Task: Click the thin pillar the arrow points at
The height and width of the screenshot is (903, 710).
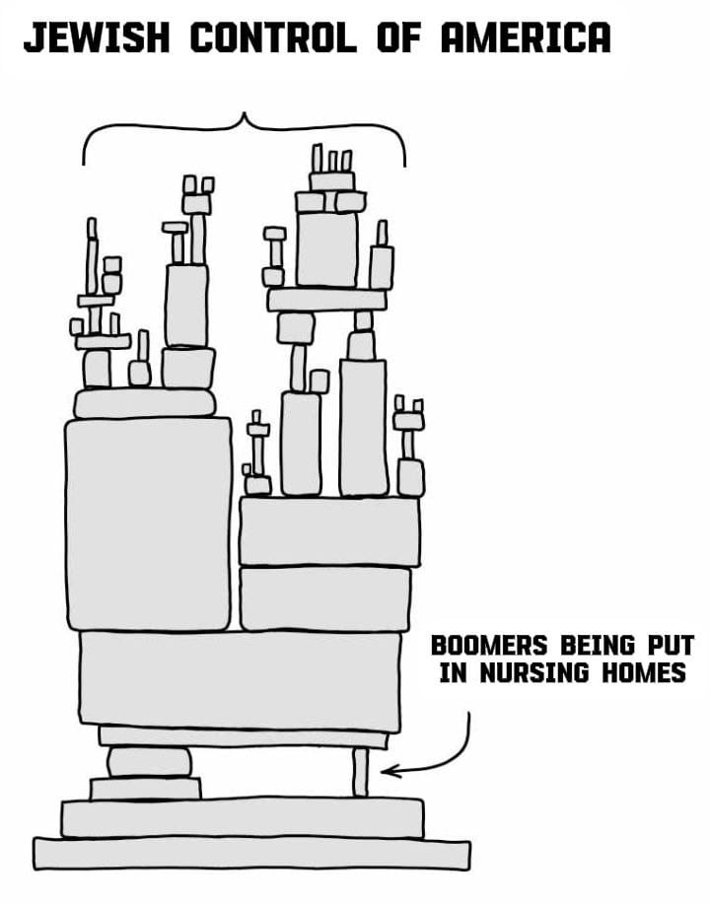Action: [360, 772]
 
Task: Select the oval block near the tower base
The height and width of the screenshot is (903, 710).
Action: [150, 762]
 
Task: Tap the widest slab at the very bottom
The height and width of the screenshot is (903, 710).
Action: [251, 853]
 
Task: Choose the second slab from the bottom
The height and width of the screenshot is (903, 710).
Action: [243, 817]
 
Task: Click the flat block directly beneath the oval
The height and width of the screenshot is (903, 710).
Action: [146, 788]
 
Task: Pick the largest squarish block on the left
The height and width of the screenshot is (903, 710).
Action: [148, 523]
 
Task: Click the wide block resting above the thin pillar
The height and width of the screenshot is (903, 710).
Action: [241, 680]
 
